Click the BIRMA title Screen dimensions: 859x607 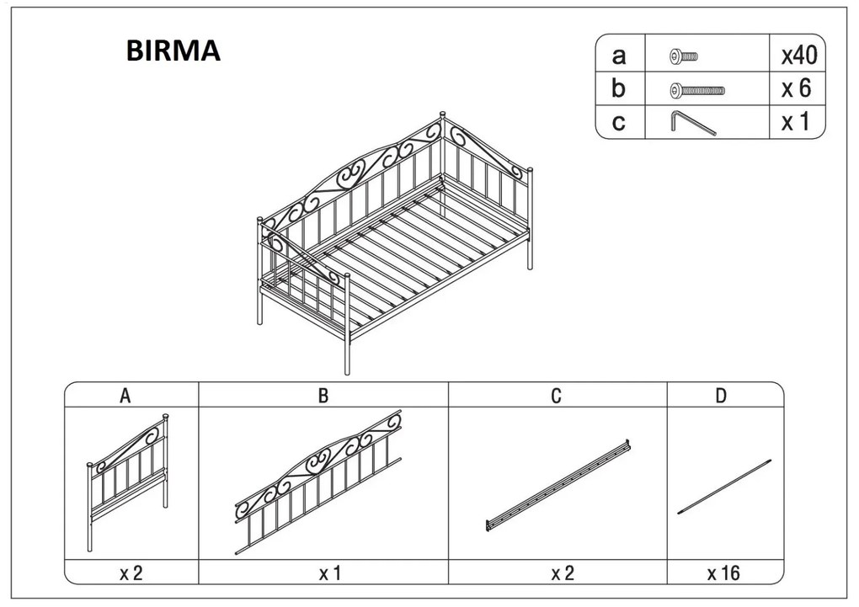[173, 51]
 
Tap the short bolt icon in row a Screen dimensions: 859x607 [684, 56]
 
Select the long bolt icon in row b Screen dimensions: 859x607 [696, 90]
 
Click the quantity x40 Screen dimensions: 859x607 [799, 56]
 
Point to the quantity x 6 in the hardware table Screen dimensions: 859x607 [796, 88]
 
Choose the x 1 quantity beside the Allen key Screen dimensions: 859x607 [795, 121]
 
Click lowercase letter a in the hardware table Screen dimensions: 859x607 [618, 56]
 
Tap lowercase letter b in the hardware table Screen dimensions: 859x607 [618, 88]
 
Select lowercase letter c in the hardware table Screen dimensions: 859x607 [618, 123]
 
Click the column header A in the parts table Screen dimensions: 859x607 [125, 396]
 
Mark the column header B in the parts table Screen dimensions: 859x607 [323, 396]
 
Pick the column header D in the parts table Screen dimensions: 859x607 [721, 396]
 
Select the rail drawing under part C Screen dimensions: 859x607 [558, 486]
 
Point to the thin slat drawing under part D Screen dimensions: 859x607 [724, 487]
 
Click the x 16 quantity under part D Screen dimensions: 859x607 [723, 573]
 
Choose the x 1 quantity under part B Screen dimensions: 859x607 [330, 573]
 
